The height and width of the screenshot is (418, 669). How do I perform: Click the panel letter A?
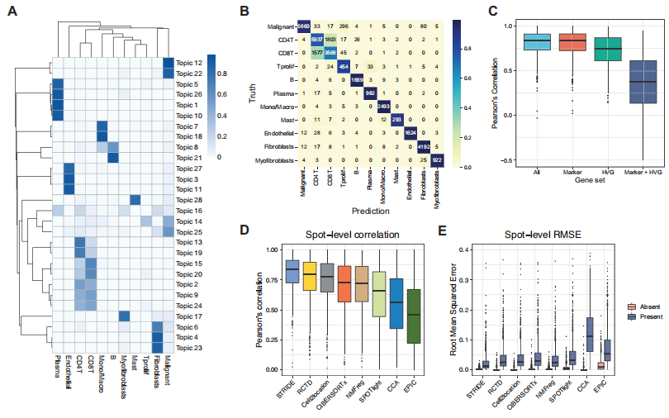(12, 13)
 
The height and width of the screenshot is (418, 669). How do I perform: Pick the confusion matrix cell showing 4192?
(430, 145)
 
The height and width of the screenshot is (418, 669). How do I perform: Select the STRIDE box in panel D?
(292, 271)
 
